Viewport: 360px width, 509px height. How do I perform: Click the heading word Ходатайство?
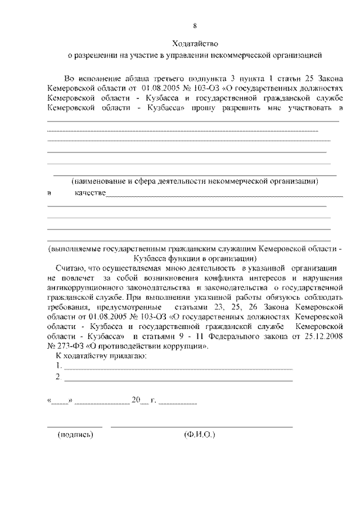[194, 43]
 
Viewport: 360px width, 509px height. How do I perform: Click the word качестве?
[90, 193]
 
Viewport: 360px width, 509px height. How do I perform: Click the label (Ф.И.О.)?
[200, 435]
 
